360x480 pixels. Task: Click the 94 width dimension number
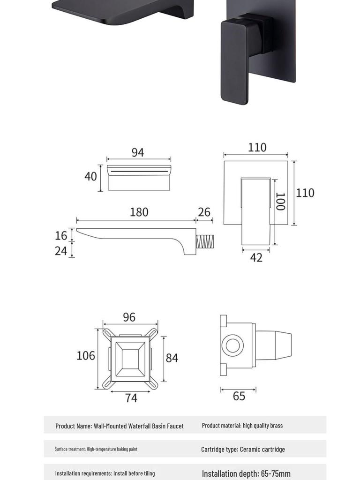coord(138,153)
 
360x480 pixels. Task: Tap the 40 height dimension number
coord(90,176)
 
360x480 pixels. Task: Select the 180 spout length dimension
coord(139,212)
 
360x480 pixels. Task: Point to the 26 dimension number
coord(204,212)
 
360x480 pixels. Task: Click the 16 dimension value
coord(61,235)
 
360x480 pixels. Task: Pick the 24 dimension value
coord(61,251)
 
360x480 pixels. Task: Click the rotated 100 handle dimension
coord(280,202)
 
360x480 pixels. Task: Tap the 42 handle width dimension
coord(256,257)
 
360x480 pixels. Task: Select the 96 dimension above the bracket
coord(129,317)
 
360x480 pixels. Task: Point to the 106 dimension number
coord(86,356)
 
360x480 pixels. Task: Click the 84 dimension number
coord(172,358)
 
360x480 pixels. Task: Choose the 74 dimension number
coord(131,398)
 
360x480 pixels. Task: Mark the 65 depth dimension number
coord(239,396)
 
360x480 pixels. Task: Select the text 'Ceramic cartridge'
coord(262,449)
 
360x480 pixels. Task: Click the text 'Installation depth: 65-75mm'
coord(246,473)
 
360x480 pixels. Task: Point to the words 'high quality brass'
coord(262,426)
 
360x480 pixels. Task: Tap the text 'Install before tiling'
coord(134,473)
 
